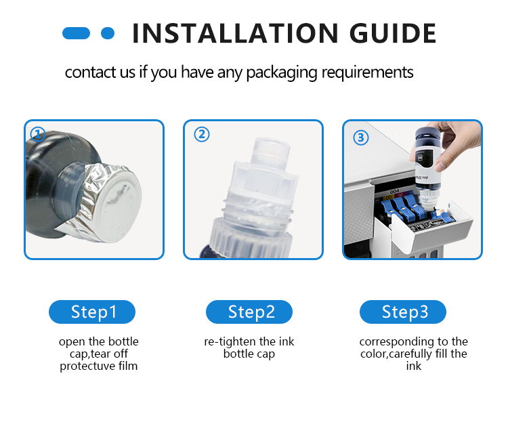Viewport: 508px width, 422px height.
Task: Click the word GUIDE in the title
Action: tap(393, 33)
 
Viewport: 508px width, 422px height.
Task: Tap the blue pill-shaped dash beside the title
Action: tap(76, 33)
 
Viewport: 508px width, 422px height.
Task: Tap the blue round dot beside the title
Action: tap(108, 33)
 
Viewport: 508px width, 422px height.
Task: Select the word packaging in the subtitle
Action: tap(282, 72)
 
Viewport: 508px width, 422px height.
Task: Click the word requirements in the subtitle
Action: tap(367, 72)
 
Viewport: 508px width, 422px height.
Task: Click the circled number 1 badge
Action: tap(37, 134)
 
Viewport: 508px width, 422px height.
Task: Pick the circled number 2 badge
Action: tap(202, 134)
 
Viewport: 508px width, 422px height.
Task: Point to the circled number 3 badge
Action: tap(360, 138)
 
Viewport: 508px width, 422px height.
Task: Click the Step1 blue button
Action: tap(92, 312)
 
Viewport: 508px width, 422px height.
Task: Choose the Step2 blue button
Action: tap(249, 312)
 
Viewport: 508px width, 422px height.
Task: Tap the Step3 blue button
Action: tap(403, 312)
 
